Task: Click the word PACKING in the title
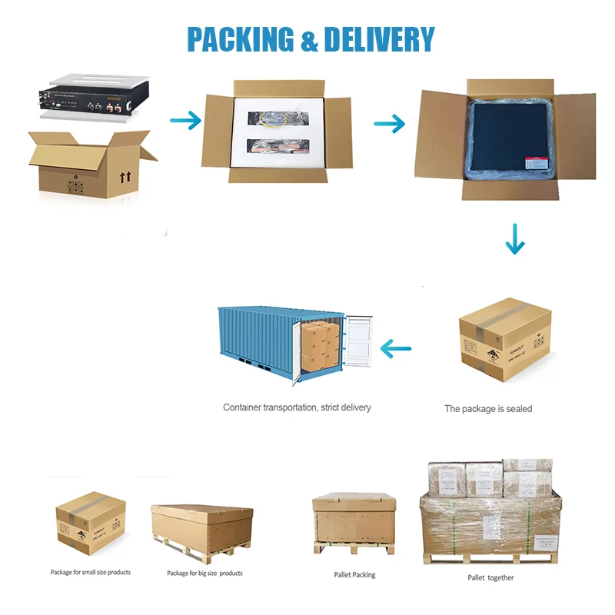[241, 39]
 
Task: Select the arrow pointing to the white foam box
[184, 120]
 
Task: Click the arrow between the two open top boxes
[390, 123]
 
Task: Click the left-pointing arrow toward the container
[402, 350]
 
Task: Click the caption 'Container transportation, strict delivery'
[297, 407]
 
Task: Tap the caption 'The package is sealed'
[488, 409]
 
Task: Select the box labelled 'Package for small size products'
[91, 525]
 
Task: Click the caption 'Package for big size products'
[204, 573]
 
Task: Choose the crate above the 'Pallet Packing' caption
[354, 522]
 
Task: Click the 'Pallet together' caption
[490, 577]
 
